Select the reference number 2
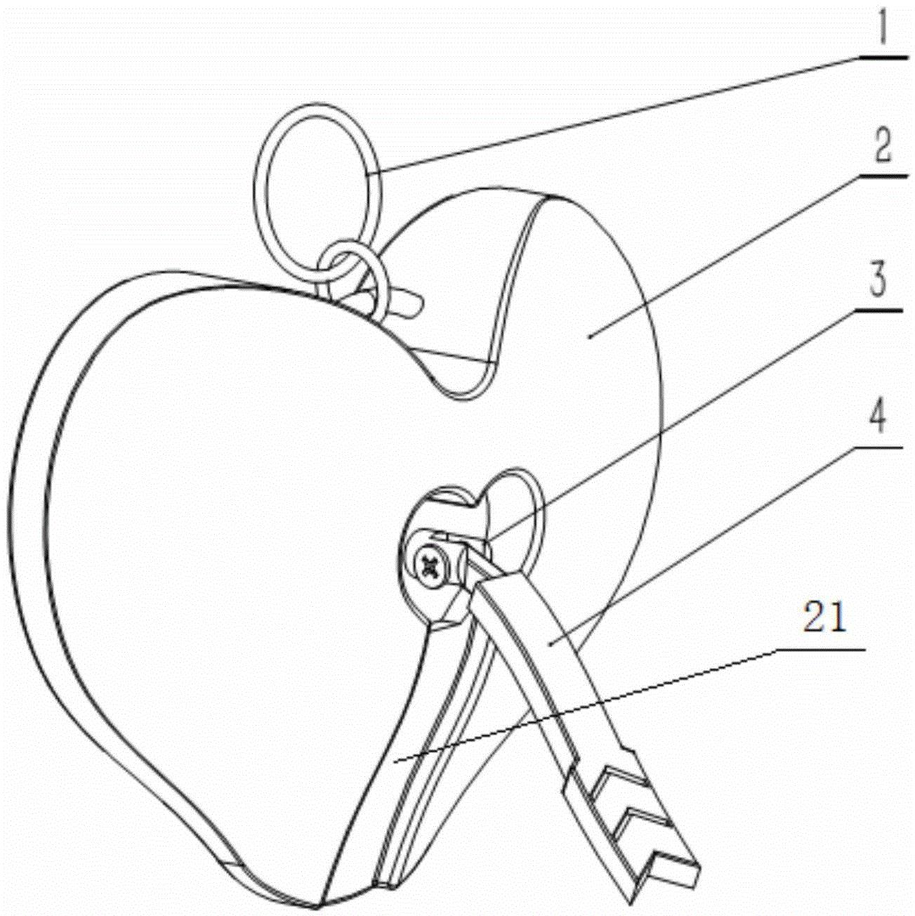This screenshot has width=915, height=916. click(x=876, y=144)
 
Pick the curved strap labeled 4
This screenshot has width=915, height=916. click(x=555, y=653)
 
